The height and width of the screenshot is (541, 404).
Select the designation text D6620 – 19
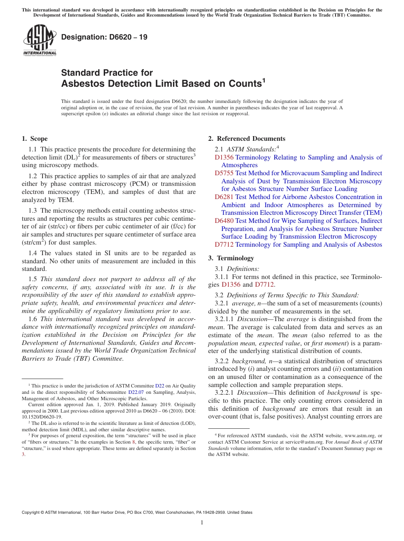pos(104,37)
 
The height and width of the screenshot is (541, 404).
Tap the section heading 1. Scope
pos(34,139)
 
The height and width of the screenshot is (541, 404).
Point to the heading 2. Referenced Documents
pos(247,139)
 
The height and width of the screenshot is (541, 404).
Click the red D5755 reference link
pos(224,173)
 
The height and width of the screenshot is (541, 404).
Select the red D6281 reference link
pos(224,197)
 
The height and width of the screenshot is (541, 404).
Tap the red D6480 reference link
pos(224,221)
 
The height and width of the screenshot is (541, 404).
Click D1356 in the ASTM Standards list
pos(224,157)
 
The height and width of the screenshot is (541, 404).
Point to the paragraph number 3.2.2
pos(223,361)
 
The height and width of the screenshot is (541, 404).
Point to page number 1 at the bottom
pos(202,522)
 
